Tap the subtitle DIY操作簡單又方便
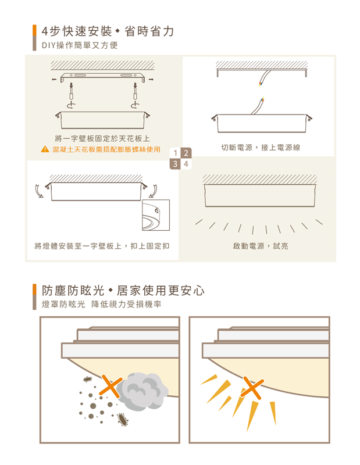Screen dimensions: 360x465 [x=80, y=45]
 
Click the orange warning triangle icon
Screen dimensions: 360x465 [x=45, y=149]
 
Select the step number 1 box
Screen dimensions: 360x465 [x=175, y=153]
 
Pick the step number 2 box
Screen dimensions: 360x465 [x=186, y=153]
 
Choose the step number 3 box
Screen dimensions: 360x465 [x=175, y=164]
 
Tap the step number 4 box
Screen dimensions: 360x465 [x=186, y=164]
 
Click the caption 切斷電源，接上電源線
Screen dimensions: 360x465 [x=261, y=148]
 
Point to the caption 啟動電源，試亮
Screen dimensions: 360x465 [x=261, y=246]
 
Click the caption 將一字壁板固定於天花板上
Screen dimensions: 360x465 [x=102, y=138]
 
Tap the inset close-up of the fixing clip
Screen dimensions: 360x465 [x=156, y=215]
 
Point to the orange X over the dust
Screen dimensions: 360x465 [x=111, y=386]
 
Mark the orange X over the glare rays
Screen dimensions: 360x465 [x=252, y=388]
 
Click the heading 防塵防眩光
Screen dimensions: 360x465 [x=73, y=291]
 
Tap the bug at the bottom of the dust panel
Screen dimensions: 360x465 [x=123, y=419]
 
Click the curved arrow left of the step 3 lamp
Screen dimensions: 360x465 [x=39, y=191]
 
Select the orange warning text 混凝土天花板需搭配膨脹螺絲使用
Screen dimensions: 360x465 [x=106, y=149]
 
